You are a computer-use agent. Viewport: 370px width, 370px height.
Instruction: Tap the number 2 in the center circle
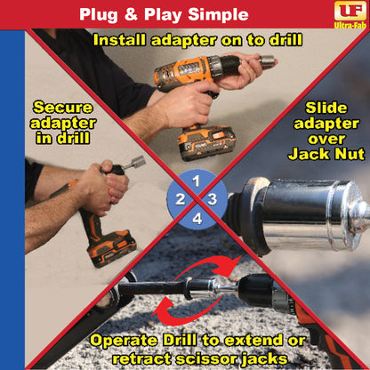click(181, 198)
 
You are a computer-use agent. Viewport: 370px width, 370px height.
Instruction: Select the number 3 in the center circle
click(213, 198)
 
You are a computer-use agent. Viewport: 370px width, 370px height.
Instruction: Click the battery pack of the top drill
click(207, 141)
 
